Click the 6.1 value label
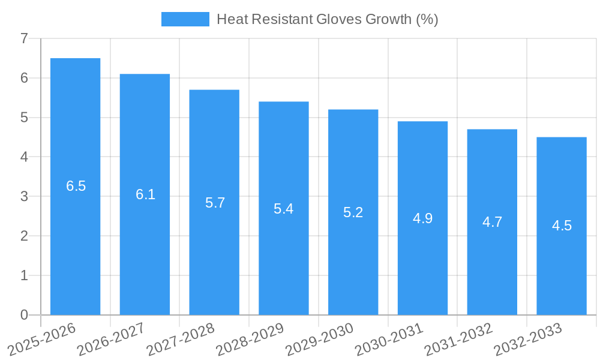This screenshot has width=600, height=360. [x=145, y=194]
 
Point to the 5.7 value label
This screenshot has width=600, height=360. [x=215, y=203]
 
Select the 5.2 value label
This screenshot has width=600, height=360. [x=353, y=212]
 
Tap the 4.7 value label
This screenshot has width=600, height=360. [x=492, y=222]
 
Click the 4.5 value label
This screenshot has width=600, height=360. [x=562, y=226]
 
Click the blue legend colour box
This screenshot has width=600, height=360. [x=185, y=19]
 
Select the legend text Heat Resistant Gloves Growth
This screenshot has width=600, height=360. [x=327, y=19]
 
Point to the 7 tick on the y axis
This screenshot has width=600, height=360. [x=24, y=39]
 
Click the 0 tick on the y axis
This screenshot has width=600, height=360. [x=24, y=315]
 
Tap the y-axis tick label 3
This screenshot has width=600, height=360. [x=24, y=197]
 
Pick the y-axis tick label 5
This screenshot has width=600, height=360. [x=24, y=118]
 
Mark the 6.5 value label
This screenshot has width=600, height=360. [x=76, y=186]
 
